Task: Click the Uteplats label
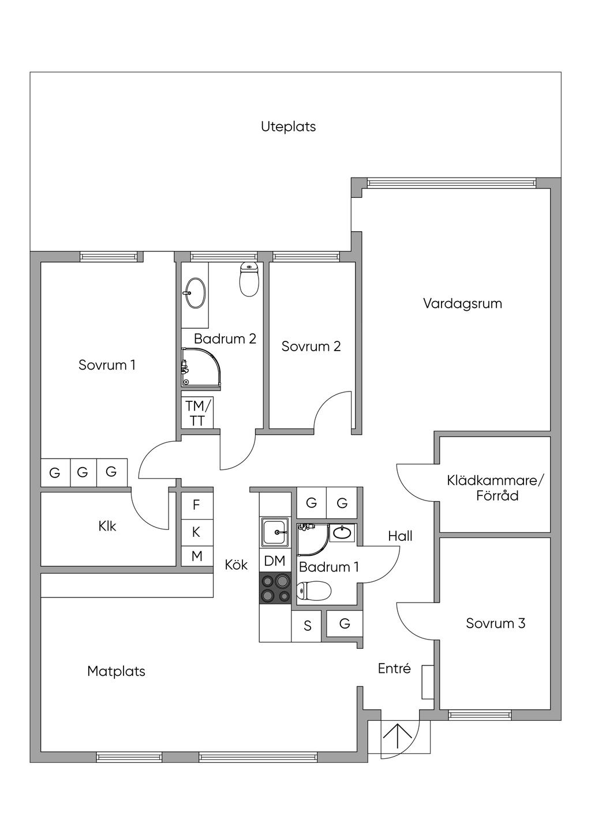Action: click(x=288, y=127)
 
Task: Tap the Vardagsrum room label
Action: click(x=462, y=303)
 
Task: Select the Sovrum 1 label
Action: click(x=107, y=364)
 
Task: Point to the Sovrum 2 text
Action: click(x=311, y=347)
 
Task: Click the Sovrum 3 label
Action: click(x=496, y=623)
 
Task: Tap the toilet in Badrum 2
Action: click(x=249, y=279)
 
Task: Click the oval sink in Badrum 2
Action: click(x=194, y=293)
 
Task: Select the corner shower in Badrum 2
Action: click(x=201, y=370)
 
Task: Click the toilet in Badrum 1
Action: click(x=314, y=591)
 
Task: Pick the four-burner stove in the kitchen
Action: click(x=275, y=589)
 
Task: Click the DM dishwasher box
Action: click(x=275, y=561)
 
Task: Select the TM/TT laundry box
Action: click(x=197, y=413)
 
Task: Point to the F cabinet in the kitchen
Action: click(x=197, y=506)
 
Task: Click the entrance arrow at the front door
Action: click(x=397, y=734)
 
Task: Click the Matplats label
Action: click(x=116, y=671)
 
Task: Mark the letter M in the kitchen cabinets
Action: click(x=197, y=556)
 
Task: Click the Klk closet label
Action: click(x=107, y=526)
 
